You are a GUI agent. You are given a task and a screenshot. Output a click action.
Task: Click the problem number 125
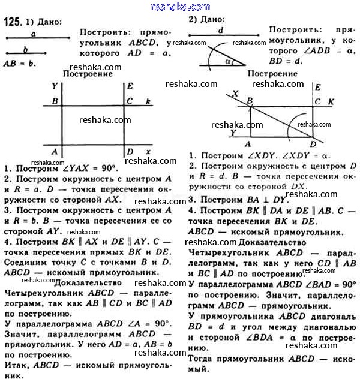tap(13, 22)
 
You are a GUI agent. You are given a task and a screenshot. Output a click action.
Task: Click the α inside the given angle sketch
tap(226, 61)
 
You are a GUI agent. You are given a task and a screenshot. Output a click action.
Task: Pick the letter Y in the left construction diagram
tap(55, 86)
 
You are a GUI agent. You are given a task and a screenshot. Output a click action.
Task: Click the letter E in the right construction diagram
tap(317, 88)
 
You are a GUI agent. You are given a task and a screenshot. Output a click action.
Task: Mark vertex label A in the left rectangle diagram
tap(55, 151)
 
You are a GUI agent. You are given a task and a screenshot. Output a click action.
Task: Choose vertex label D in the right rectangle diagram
tap(313, 145)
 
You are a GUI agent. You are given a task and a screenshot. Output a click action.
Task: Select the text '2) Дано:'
tap(205, 19)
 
